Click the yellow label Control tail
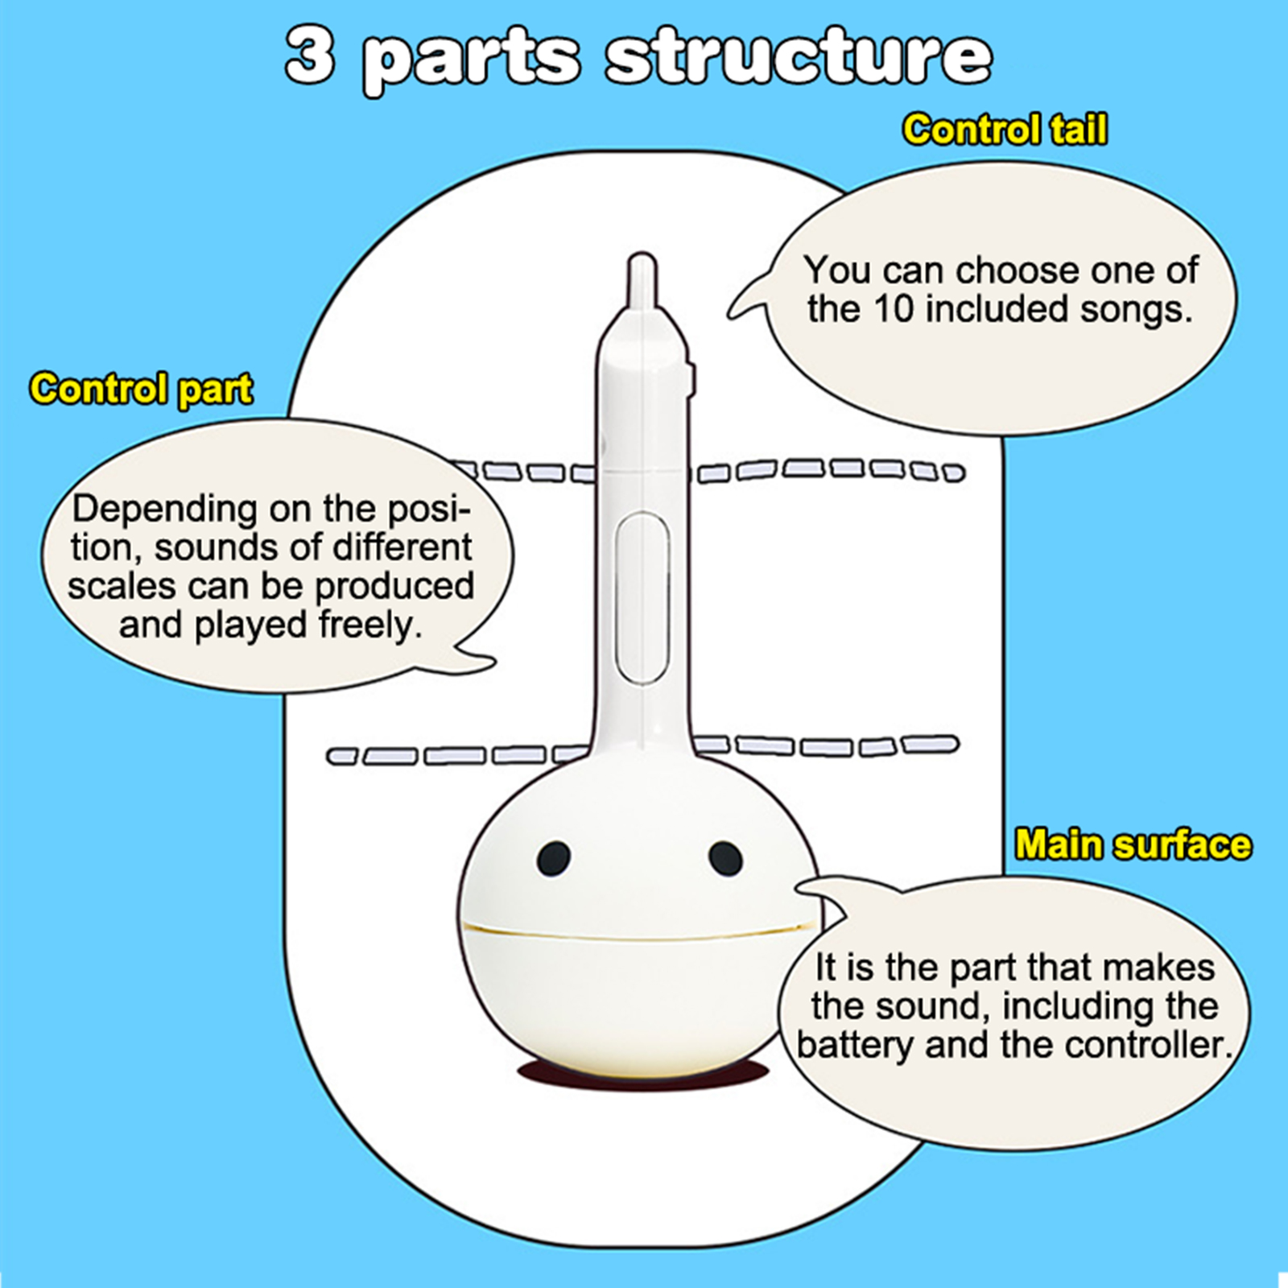(x=1004, y=130)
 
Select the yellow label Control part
(x=141, y=389)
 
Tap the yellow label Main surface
(x=1133, y=844)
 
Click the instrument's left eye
(x=554, y=858)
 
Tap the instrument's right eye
(x=725, y=858)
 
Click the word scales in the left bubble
(x=123, y=586)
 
